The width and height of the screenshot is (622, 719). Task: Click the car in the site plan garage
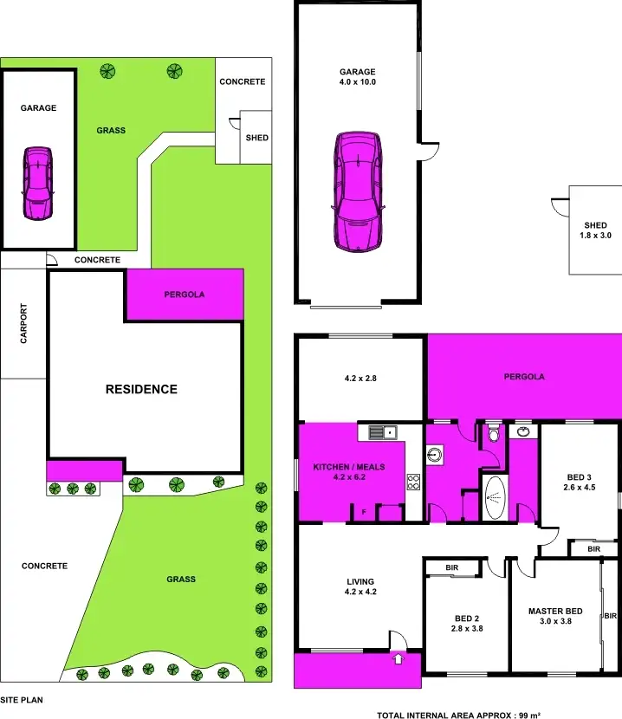coord(37,184)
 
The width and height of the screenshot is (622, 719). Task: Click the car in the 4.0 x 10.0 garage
coord(358,191)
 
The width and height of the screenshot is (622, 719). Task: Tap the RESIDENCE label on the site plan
coord(141,389)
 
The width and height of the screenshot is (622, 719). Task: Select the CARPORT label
coord(23,324)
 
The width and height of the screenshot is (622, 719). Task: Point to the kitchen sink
coord(381,431)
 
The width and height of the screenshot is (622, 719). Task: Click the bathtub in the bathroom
coord(494,497)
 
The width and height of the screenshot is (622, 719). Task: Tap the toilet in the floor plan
coord(494,433)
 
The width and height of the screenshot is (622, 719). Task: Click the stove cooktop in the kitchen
coord(413,483)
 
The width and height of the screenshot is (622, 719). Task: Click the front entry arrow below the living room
coord(398,659)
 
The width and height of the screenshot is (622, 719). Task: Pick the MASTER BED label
coord(555,612)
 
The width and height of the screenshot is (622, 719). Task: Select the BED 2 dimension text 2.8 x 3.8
coord(466,628)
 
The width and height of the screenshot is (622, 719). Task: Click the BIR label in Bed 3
coord(593,549)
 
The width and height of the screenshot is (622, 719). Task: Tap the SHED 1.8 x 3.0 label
coord(595,230)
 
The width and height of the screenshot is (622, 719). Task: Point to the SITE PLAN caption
coord(21,698)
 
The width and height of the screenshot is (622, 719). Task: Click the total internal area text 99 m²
coord(459,715)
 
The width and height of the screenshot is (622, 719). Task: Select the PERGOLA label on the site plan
coord(185,295)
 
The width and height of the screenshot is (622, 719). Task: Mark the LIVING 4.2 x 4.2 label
coord(360,586)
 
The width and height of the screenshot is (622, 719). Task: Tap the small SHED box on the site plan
coord(256,138)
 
